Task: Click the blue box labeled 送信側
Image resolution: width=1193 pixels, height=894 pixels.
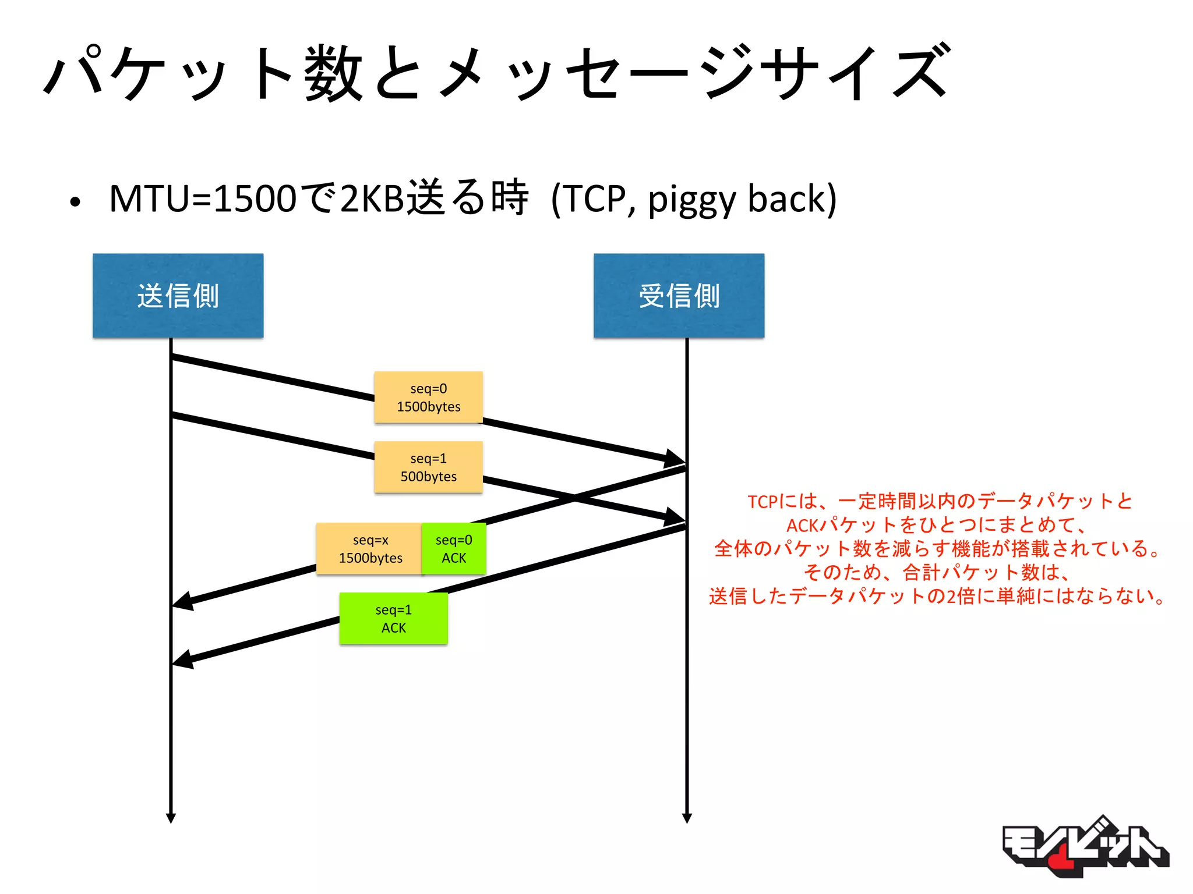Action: [x=178, y=295]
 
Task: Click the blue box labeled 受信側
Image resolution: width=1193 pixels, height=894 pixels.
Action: [x=679, y=295]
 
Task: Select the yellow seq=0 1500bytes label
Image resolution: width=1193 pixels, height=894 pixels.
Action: [x=428, y=398]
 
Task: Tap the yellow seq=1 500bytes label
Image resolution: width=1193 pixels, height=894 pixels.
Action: [x=428, y=467]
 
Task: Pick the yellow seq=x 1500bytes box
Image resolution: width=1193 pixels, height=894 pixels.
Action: [x=369, y=549]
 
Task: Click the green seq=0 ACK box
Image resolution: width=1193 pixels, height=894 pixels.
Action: [x=454, y=549]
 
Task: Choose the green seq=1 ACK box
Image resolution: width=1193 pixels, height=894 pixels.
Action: [x=393, y=619]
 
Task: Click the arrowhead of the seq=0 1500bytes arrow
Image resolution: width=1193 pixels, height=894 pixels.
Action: [x=676, y=459]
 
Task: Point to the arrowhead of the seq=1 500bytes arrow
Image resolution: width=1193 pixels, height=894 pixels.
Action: [x=676, y=517]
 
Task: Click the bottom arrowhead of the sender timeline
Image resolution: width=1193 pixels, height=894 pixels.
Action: [x=171, y=818]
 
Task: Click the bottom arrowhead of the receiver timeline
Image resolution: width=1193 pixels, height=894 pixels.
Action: [x=687, y=818]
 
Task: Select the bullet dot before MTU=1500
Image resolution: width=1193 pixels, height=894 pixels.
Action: [x=75, y=203]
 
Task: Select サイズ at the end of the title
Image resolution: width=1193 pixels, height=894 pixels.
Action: [x=856, y=73]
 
